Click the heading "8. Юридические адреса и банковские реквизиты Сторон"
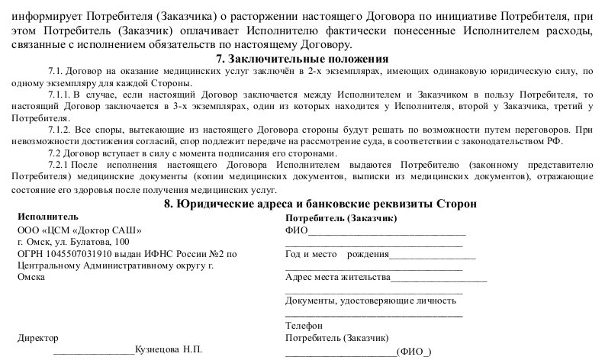pyautogui.click(x=320, y=204)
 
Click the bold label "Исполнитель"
pyautogui.click(x=47, y=217)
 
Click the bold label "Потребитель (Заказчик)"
pyautogui.click(x=340, y=218)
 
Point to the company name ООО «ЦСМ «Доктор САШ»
pyautogui.click(x=79, y=230)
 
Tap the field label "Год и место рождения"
pyautogui.click(x=337, y=255)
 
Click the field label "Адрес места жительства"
pyautogui.click(x=337, y=278)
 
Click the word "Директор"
pyautogui.click(x=37, y=337)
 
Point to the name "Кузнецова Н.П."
pyautogui.click(x=168, y=349)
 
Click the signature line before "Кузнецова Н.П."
pyautogui.click(x=93, y=351)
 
